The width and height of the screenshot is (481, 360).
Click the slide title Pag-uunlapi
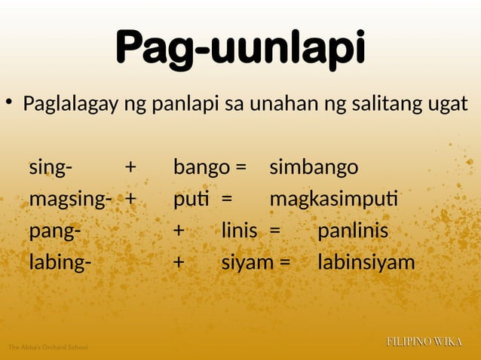click(240, 50)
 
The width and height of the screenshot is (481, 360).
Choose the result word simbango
click(314, 168)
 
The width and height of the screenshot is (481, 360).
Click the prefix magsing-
click(72, 200)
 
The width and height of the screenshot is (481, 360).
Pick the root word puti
click(189, 200)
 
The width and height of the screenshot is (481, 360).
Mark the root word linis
click(239, 230)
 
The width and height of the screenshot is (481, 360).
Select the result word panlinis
click(352, 230)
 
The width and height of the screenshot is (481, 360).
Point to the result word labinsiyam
click(366, 262)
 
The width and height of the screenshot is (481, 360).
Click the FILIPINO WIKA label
click(424, 343)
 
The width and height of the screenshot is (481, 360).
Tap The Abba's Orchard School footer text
click(47, 347)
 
